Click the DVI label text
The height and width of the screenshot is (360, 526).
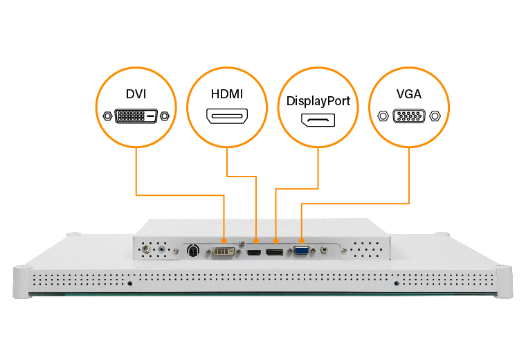coord(136,93)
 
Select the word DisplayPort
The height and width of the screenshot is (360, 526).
coord(318,101)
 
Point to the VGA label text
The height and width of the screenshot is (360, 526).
coord(408,93)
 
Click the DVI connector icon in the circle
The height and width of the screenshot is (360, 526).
coord(136,116)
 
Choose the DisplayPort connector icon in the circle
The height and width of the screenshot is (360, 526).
coord(318,123)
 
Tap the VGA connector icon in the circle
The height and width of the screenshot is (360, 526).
coord(408,116)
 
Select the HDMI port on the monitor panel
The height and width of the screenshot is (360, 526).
coord(255,253)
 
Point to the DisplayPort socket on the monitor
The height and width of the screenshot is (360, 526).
coord(275,252)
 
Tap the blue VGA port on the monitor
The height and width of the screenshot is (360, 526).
coord(302,251)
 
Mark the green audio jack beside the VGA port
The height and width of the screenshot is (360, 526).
coord(323,251)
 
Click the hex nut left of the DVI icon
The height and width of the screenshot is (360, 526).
coord(107,116)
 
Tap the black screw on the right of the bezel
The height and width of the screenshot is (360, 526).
coord(396,284)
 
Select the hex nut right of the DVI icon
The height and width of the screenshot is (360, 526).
coord(165,116)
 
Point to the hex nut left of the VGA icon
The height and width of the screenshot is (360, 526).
coord(382,116)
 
